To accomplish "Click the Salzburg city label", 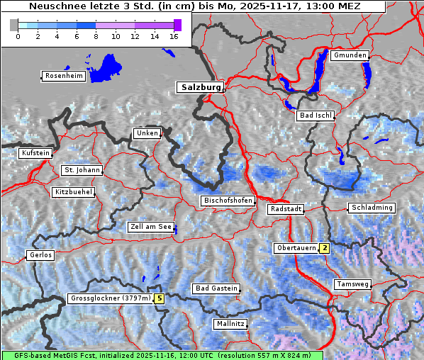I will tap(200, 87).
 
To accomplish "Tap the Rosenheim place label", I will tap(64, 76).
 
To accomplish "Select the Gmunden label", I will tap(350, 55).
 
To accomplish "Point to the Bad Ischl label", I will tap(316, 116).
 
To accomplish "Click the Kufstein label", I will tap(35, 153).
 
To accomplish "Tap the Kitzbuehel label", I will tap(73, 192).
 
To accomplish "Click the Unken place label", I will tap(147, 133).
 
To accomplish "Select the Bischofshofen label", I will tap(228, 201).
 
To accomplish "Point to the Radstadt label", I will tap(286, 209).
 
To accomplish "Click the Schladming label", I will tap(371, 208).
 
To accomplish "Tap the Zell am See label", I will tap(151, 227).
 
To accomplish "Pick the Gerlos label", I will tap(40, 255).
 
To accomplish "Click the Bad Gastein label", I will tap(216, 288).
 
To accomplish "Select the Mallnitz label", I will tap(230, 324).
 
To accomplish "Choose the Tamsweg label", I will tap(352, 284).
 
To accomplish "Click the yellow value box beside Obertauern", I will tap(324, 248).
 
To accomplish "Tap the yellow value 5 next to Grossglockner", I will tap(160, 298).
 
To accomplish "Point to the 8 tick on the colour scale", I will tap(96, 35).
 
